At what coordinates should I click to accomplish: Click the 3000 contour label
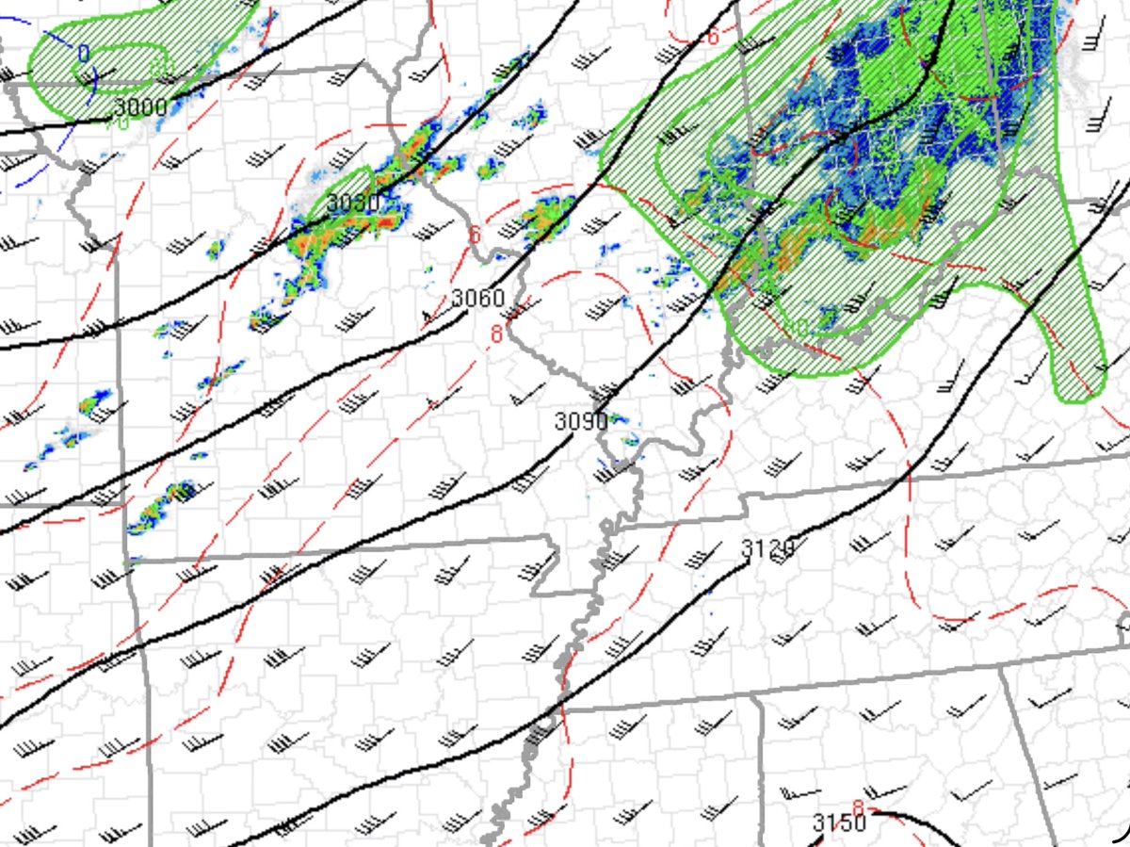point(140,106)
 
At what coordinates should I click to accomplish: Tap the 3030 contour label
point(353,203)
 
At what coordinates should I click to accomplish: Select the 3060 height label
point(477,299)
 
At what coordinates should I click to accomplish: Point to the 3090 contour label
point(581,421)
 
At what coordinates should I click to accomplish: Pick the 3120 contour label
point(767,547)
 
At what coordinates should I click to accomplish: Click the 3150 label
point(839,823)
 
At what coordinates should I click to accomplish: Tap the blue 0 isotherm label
point(84,54)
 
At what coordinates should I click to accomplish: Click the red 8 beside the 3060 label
point(495,333)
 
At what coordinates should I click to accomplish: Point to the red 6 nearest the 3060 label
point(476,234)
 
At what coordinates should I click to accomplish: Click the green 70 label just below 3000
point(121,123)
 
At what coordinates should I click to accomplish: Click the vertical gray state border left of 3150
point(760,773)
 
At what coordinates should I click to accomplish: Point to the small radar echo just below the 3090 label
point(623,437)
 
